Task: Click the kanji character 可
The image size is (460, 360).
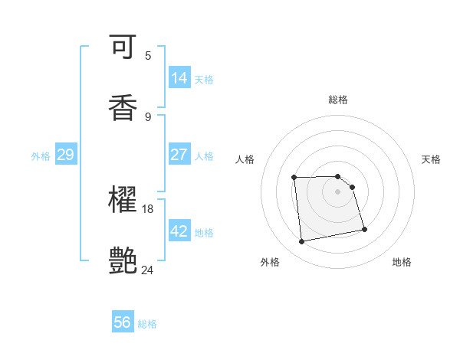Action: (x=123, y=47)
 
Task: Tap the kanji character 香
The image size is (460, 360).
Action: (x=123, y=108)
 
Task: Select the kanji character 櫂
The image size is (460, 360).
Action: (x=123, y=200)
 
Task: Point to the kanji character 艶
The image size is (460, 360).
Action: (x=123, y=261)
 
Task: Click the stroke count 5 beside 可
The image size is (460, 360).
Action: (x=147, y=55)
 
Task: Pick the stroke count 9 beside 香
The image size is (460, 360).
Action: (x=147, y=116)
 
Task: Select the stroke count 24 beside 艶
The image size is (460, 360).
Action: (x=148, y=270)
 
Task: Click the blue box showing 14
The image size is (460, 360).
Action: (x=179, y=78)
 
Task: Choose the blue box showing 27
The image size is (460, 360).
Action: (x=179, y=155)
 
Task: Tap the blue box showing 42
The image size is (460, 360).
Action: (x=179, y=231)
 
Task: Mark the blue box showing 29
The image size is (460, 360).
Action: (x=65, y=155)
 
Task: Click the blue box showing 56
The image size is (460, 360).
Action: (x=123, y=323)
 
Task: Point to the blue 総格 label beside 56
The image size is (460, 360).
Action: (x=147, y=324)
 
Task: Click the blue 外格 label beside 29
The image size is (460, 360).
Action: (x=41, y=155)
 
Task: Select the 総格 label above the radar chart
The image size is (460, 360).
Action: (x=338, y=100)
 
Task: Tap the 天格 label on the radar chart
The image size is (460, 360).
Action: (x=431, y=159)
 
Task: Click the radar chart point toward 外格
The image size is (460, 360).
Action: (x=302, y=242)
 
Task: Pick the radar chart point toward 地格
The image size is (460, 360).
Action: (x=364, y=229)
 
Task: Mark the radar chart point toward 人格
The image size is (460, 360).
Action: (x=294, y=178)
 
